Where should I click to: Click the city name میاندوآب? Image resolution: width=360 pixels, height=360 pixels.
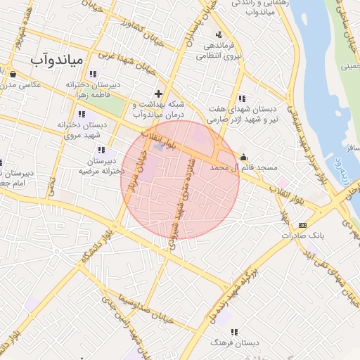tap(56, 60)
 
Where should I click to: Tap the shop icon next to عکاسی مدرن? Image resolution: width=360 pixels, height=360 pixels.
tap(13, 73)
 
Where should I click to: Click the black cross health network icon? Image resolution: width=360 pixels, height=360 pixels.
tap(159, 93)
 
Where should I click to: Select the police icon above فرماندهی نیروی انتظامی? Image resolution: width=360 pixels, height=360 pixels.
tap(219, 34)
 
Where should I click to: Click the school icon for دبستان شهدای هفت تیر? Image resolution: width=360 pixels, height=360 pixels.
tap(243, 98)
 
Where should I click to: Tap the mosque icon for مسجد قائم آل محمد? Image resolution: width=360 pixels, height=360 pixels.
tap(244, 157)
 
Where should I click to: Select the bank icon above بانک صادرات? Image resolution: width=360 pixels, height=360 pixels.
tap(302, 224)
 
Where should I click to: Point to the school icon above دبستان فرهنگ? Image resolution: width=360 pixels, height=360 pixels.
tap(234, 332)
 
